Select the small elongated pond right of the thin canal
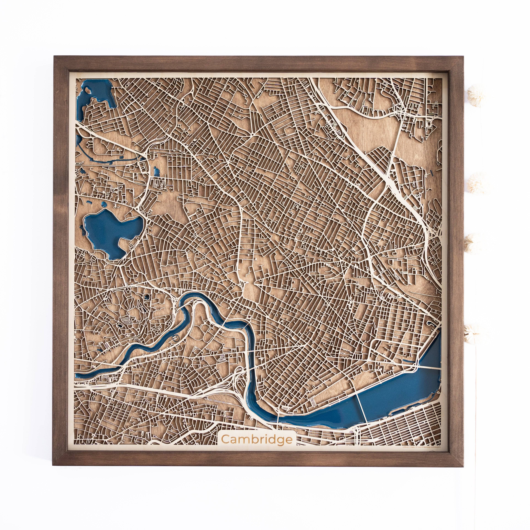tap(157, 171)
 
